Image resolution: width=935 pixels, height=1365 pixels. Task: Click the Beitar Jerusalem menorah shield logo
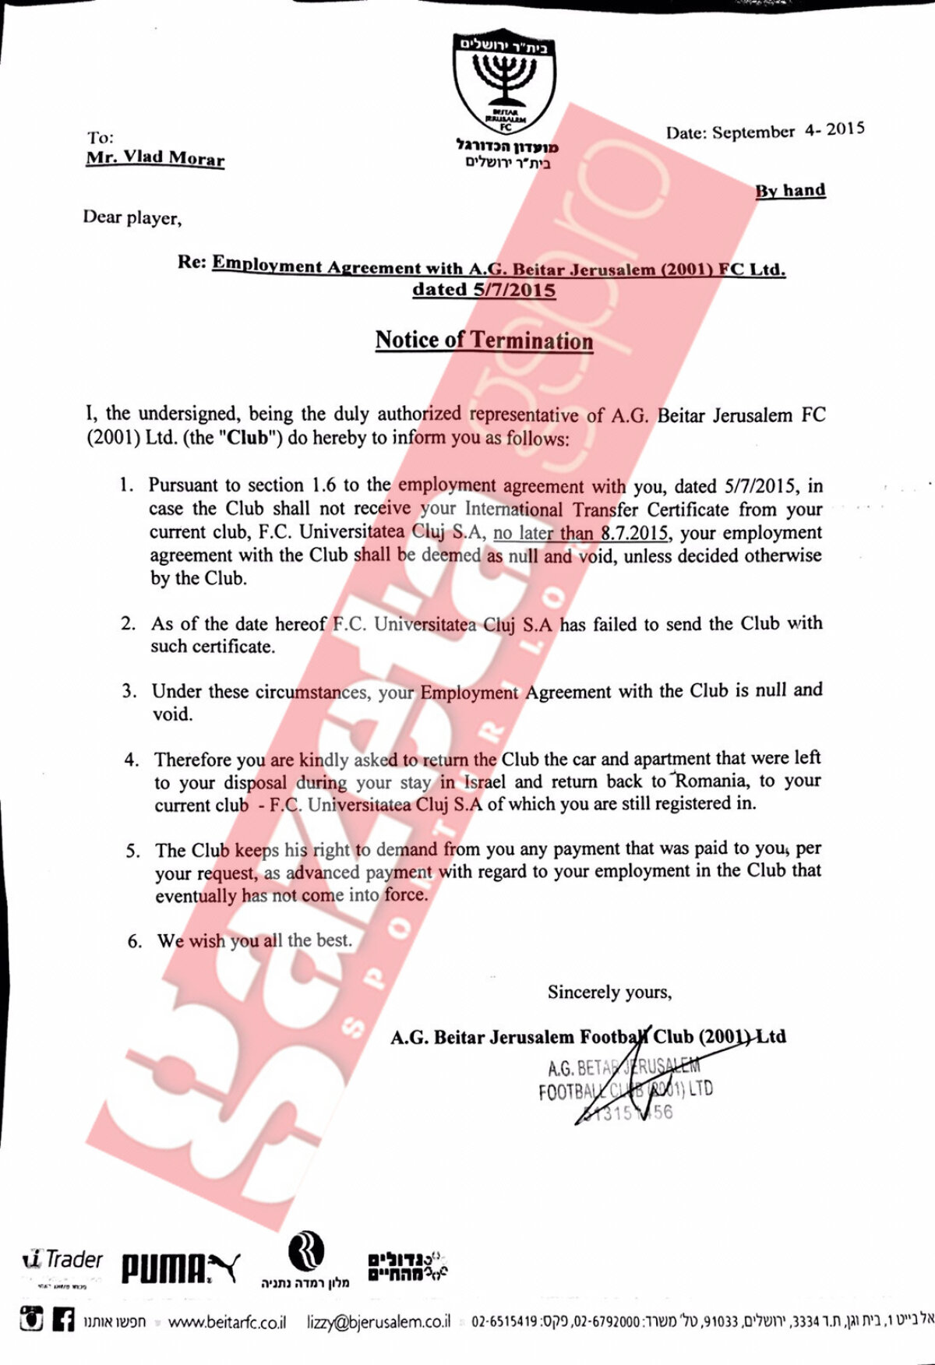506,82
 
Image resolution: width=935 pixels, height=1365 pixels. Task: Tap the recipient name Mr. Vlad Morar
155,157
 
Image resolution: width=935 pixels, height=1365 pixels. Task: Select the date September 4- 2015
764,131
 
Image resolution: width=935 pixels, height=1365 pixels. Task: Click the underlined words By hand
789,190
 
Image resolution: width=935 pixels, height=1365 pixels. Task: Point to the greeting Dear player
132,217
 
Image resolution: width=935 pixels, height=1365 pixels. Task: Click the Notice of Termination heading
484,340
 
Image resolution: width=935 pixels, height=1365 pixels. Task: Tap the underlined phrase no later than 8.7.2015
580,534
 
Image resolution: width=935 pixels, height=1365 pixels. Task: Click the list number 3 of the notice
129,691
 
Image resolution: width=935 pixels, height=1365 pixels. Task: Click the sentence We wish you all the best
254,940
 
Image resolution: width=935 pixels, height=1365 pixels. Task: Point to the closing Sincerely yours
609,992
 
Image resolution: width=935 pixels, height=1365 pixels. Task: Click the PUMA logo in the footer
179,1268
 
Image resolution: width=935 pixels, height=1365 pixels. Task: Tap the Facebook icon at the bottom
63,1321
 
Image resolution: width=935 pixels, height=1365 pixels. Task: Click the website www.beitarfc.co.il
227,1322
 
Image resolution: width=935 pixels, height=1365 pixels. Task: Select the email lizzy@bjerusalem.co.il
379,1321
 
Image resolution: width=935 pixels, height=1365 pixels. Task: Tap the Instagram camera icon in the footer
32,1321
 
